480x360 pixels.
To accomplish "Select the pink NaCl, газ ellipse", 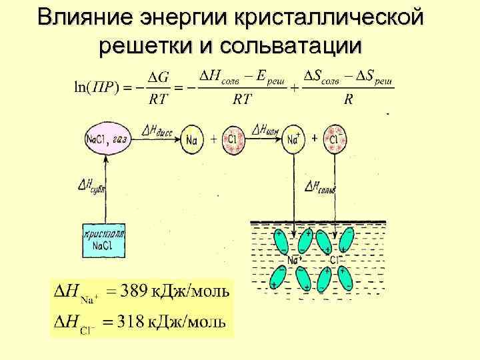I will coord(106,139).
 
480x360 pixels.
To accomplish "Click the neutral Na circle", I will coord(192,139).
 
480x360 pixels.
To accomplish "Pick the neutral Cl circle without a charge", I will coord(233,139).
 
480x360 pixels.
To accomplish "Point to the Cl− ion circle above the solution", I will coord(334,139).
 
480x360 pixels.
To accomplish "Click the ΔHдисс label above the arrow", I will coord(157,129).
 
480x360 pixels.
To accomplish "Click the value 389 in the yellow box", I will coord(135,291).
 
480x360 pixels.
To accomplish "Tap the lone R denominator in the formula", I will coord(348,100).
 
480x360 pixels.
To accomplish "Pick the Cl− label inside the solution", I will coord(335,259).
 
